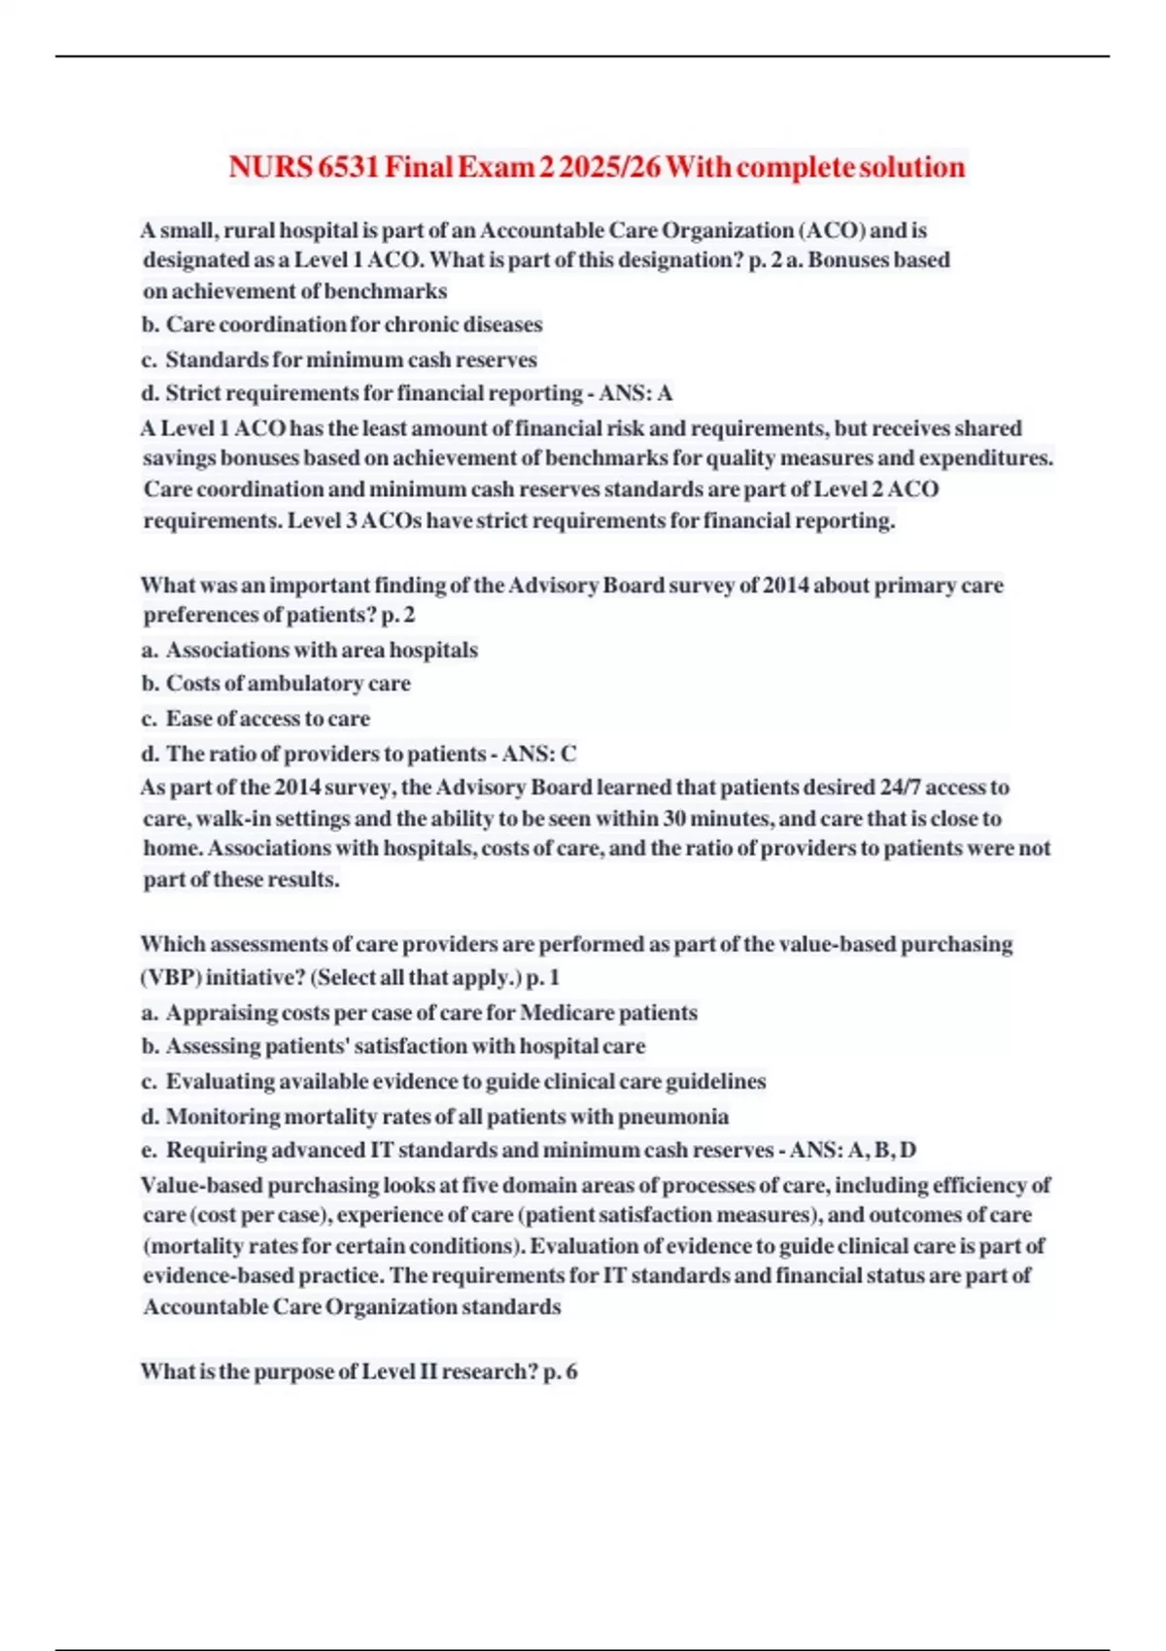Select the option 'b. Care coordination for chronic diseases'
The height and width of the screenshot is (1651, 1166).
point(342,324)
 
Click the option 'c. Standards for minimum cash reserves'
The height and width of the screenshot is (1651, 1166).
point(339,359)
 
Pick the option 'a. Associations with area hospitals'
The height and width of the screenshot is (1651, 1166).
point(310,650)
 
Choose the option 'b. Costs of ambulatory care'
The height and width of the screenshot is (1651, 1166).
point(276,684)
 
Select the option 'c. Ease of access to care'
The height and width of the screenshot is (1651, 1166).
point(257,719)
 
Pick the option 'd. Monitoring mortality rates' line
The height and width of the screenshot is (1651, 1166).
point(435,1117)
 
